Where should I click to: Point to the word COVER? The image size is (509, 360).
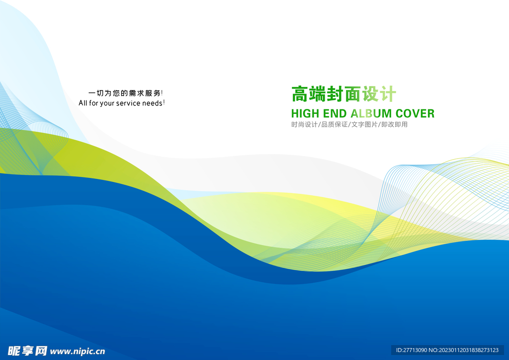(415, 113)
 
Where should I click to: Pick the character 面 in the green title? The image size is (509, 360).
(352, 94)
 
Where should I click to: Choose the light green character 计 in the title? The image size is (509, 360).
(388, 94)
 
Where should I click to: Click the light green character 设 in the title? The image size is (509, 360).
(370, 94)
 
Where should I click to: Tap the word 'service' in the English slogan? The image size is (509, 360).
(128, 103)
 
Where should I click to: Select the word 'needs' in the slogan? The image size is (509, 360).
(152, 103)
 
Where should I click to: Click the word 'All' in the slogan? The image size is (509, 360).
(83, 103)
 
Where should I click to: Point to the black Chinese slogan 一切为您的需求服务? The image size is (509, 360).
(125, 93)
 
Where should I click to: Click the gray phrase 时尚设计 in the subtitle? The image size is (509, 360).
(304, 124)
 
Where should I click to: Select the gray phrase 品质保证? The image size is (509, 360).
(335, 124)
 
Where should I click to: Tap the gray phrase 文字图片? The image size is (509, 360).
(364, 124)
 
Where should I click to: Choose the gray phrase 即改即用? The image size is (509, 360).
(394, 124)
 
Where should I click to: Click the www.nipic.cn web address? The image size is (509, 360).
(78, 351)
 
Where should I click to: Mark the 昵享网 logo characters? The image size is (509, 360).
(28, 351)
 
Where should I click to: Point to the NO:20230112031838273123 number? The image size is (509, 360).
(464, 350)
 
